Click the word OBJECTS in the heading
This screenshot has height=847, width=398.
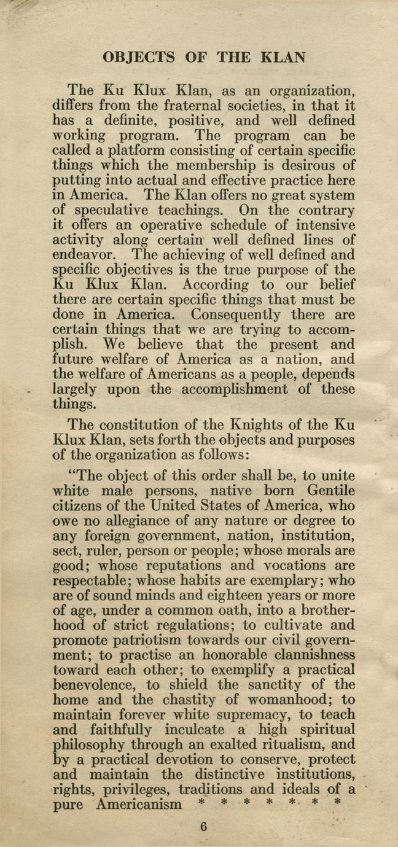click(138, 58)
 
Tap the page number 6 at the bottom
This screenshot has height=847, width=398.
click(203, 826)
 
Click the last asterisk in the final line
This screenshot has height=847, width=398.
click(336, 802)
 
